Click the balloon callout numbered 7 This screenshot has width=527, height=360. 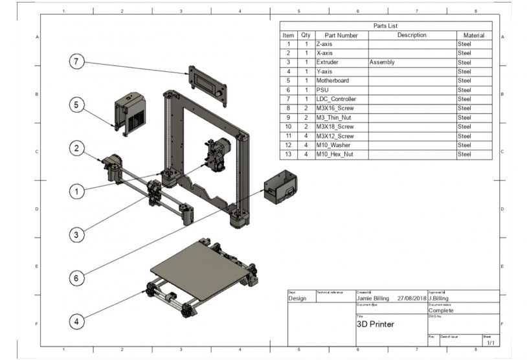pyautogui.click(x=77, y=62)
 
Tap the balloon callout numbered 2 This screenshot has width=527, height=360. pyautogui.click(x=77, y=148)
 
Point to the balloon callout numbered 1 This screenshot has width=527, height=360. pyautogui.click(x=77, y=192)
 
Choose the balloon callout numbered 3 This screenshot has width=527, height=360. pyautogui.click(x=77, y=234)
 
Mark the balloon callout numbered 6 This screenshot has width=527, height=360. pyautogui.click(x=77, y=278)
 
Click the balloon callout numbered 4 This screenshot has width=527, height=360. pyautogui.click(x=77, y=321)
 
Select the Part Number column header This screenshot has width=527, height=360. pyautogui.click(x=341, y=35)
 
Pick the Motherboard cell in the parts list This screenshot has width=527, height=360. pyautogui.click(x=333, y=81)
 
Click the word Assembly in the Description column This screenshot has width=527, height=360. pyautogui.click(x=381, y=63)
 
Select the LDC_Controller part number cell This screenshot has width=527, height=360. pyautogui.click(x=336, y=99)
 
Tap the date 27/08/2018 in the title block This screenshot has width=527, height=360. pyautogui.click(x=410, y=298)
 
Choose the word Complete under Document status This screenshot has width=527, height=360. pyautogui.click(x=442, y=310)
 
